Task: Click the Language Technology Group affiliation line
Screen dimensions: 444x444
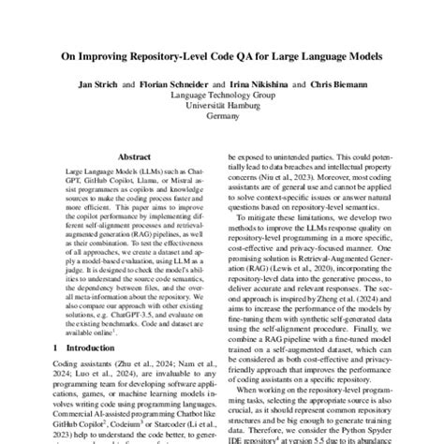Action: [222, 96]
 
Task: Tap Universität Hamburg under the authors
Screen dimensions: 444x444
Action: [222, 107]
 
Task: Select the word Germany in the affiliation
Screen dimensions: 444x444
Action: [222, 118]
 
